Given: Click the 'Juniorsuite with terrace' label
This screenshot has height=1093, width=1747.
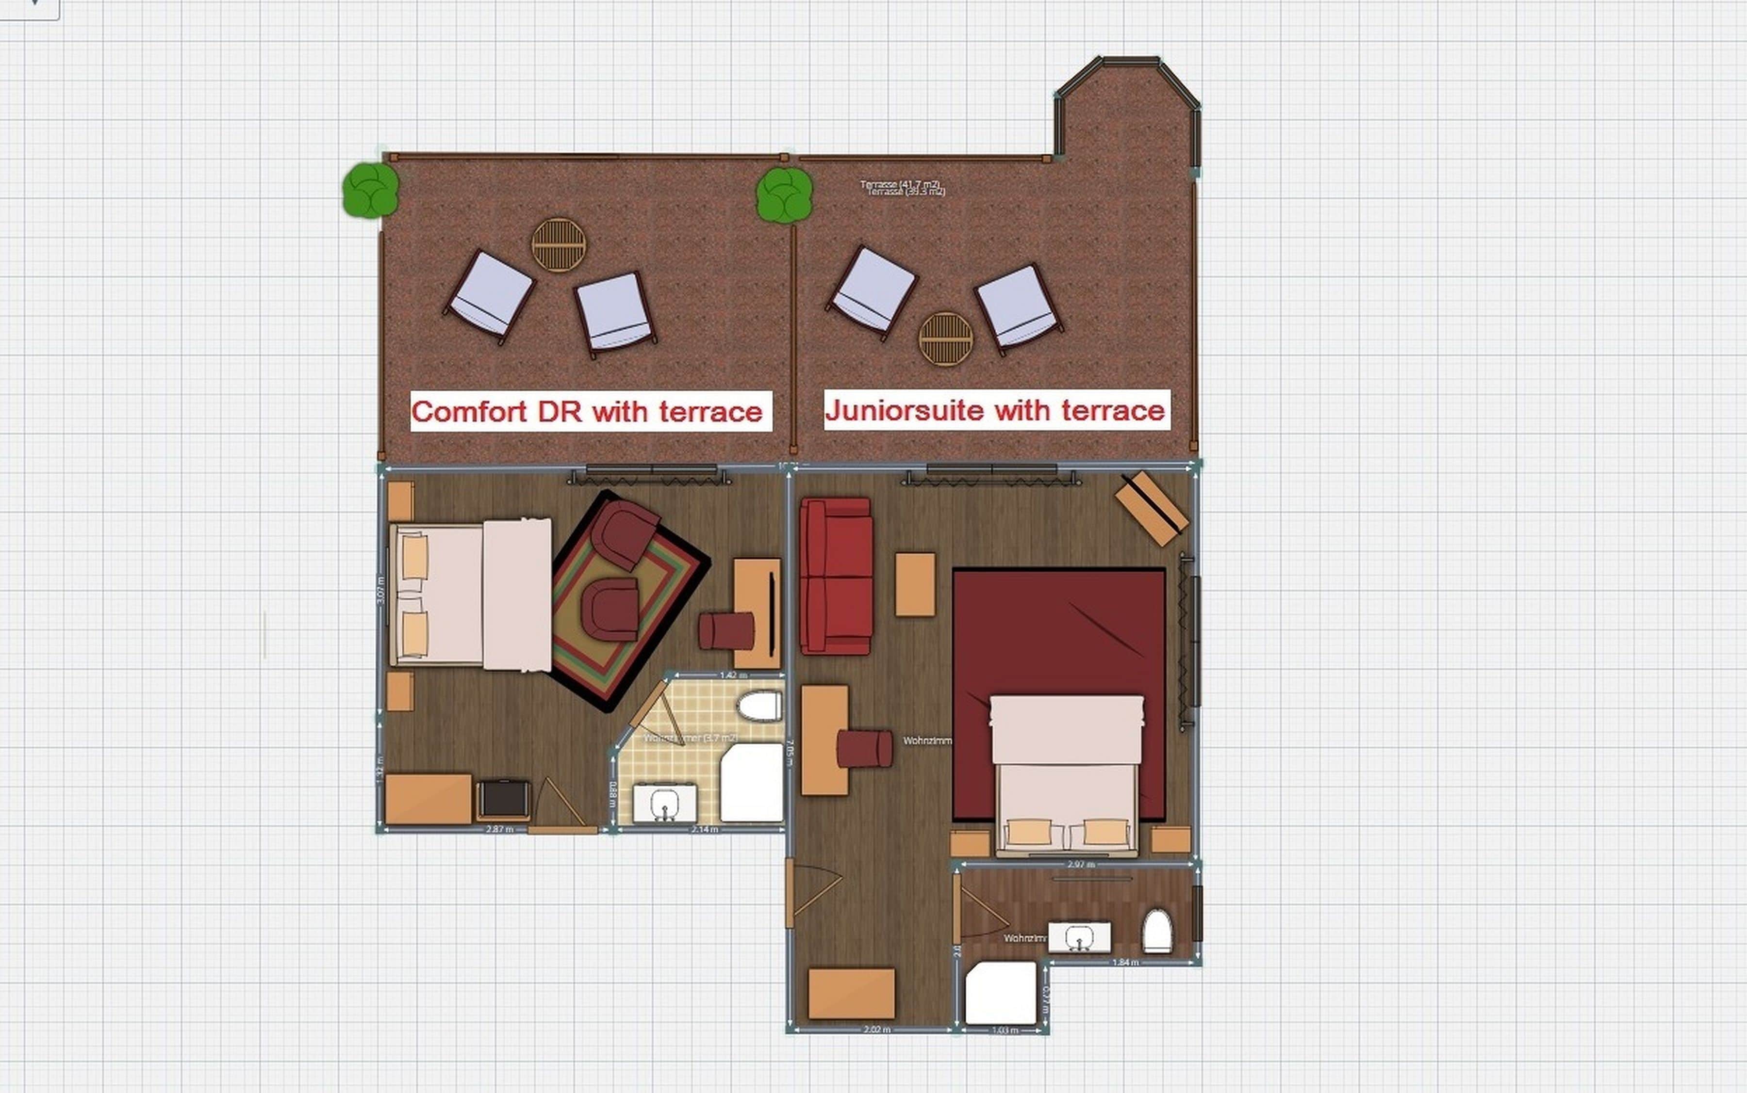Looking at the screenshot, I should [996, 410].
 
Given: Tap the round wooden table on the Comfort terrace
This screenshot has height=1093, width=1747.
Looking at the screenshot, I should [559, 245].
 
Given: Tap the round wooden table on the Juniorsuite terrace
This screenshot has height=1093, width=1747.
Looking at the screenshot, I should [945, 338].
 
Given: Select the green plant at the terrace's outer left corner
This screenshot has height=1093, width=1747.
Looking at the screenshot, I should [370, 190].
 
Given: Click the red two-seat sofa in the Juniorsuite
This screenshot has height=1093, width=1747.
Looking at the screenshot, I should [836, 576].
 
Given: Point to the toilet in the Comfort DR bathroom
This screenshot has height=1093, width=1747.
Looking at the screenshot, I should [759, 706].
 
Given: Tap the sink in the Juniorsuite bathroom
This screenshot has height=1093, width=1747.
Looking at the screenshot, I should [1079, 937].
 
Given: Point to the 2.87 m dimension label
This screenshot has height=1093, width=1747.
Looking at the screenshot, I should [499, 829].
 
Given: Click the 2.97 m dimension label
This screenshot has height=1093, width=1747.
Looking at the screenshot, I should [1081, 864].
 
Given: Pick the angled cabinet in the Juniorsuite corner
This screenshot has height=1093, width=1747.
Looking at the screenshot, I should [1152, 508].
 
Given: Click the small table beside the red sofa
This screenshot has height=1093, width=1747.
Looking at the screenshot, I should [915, 584].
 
